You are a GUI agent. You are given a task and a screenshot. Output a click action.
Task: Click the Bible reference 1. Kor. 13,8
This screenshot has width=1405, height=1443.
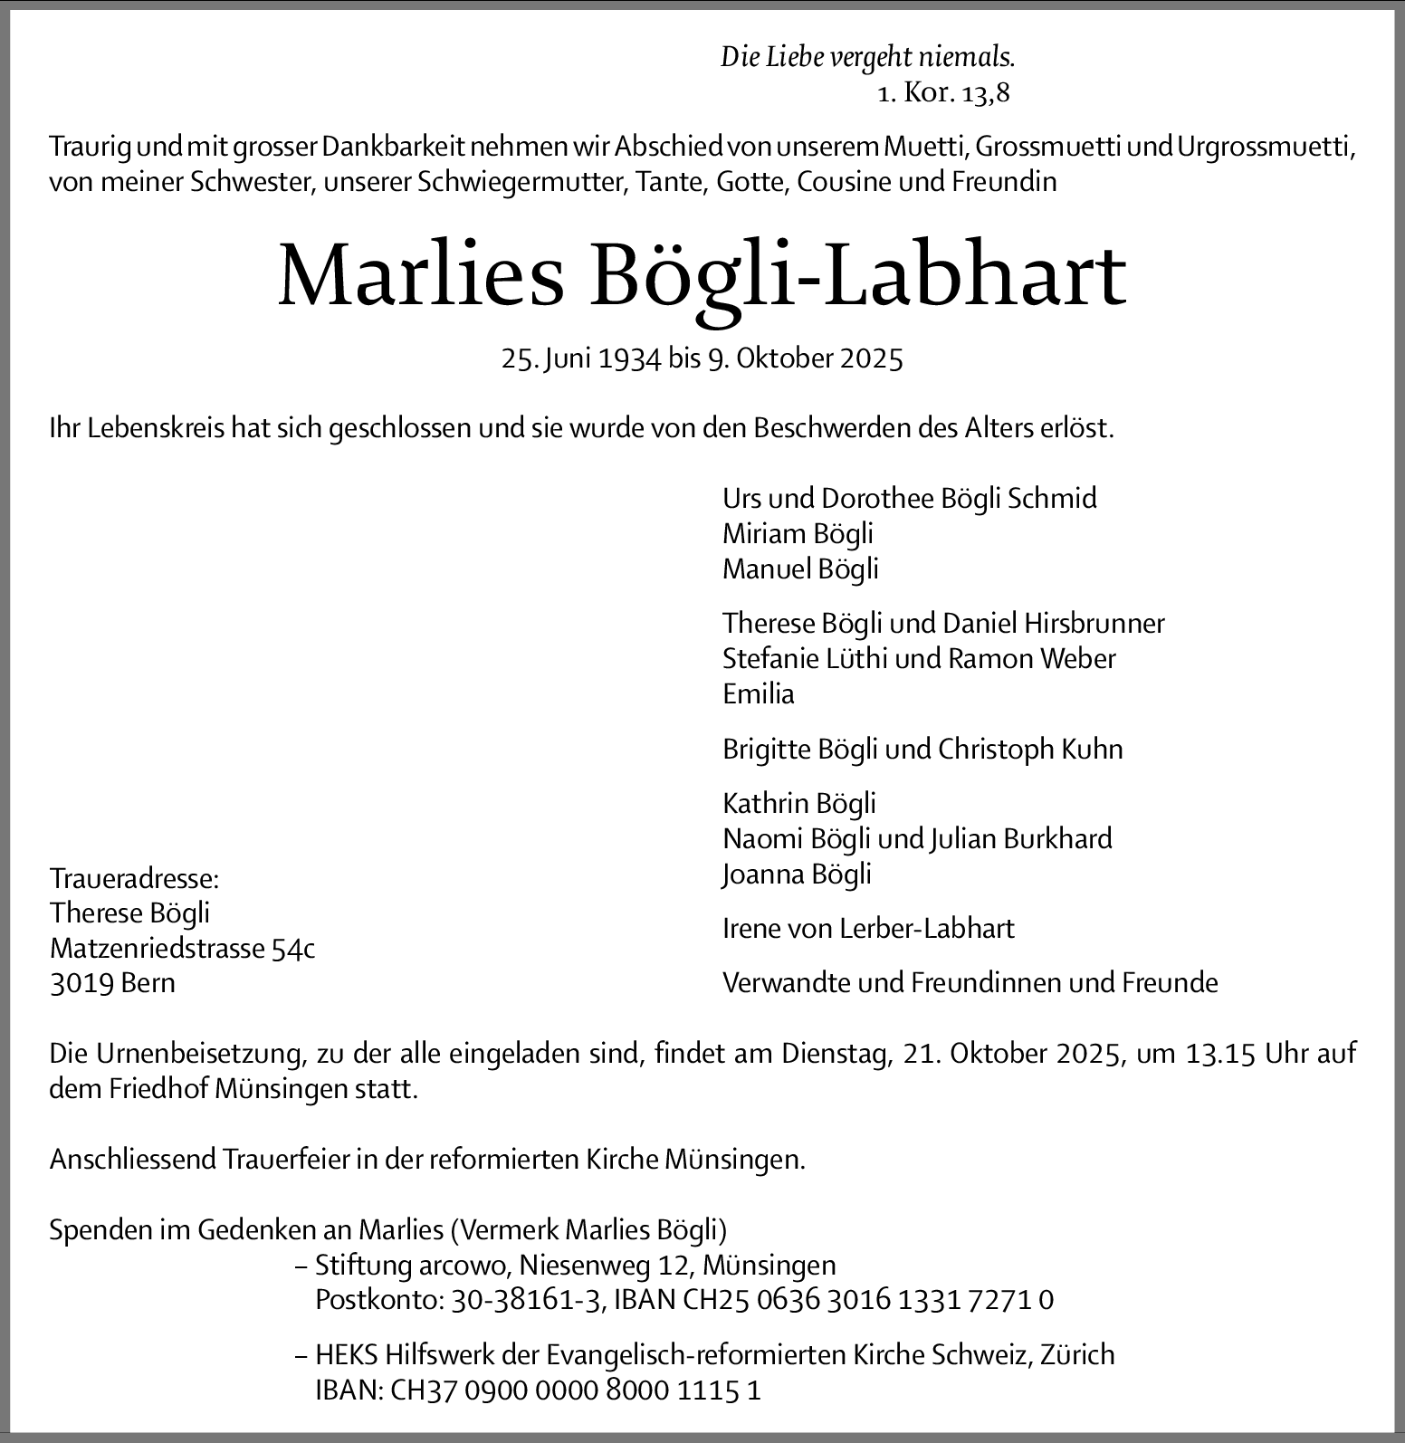943,92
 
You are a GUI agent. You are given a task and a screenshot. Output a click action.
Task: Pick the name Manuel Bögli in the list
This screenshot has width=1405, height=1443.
800,569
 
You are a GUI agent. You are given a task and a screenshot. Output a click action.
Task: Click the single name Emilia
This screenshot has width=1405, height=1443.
759,694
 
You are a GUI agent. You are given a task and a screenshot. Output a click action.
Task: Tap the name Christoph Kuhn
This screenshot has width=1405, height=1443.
1030,749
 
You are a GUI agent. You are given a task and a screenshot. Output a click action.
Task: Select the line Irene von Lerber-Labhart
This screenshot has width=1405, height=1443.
868,928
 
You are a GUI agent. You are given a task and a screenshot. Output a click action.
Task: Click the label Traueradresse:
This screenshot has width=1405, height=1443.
134,878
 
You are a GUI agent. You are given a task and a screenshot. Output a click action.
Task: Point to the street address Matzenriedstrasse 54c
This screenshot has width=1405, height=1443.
182,948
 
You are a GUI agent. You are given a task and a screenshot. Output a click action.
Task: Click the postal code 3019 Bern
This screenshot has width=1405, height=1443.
112,983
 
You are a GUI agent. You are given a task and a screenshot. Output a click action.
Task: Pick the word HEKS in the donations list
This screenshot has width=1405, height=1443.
347,1355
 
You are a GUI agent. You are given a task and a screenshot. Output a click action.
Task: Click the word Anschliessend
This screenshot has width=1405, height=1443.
132,1159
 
